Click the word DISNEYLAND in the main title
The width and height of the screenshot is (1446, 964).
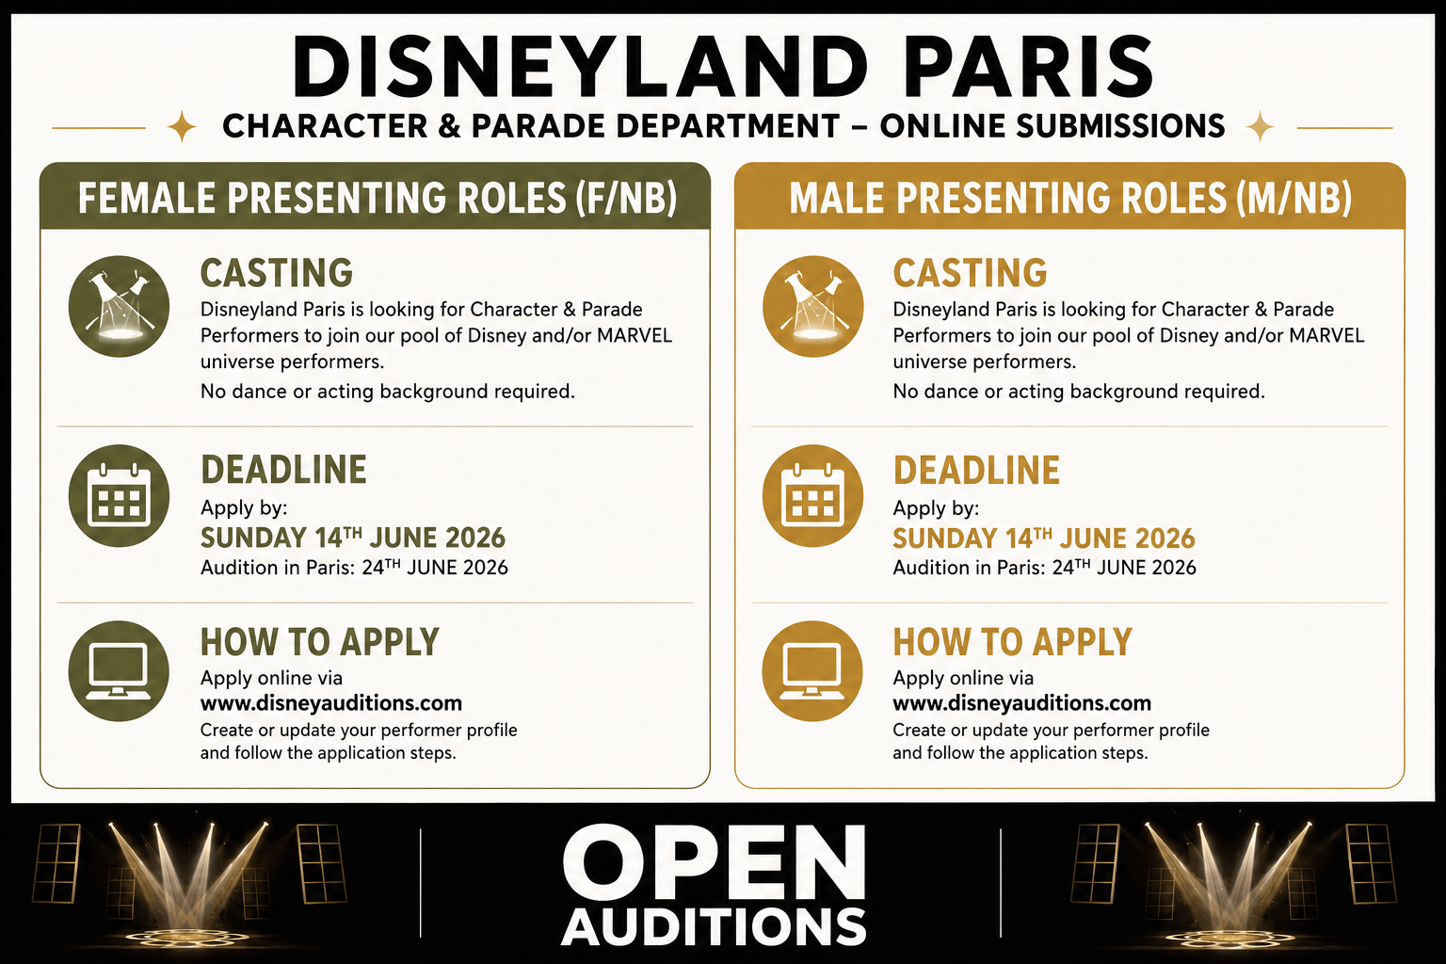[580, 67]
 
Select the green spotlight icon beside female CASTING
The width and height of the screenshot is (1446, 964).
[119, 306]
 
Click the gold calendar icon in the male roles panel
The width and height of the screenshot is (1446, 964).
[812, 496]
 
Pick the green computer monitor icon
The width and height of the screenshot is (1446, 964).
[119, 671]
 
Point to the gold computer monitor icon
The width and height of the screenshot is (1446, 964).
[812, 671]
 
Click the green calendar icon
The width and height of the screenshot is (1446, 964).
[119, 496]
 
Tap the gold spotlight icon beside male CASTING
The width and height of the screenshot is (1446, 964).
[812, 306]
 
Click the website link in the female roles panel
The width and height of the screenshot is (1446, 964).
[331, 703]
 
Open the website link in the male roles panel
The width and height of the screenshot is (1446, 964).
[1021, 703]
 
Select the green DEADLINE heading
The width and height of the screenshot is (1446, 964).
[283, 470]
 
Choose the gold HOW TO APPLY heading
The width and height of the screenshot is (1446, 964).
[1012, 642]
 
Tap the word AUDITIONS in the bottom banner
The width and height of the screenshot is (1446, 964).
[714, 927]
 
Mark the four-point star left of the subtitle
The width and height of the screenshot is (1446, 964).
[182, 126]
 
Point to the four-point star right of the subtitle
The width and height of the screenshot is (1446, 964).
[1260, 126]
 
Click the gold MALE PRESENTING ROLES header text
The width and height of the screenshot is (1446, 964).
[1070, 198]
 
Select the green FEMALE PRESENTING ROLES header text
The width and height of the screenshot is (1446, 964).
[378, 198]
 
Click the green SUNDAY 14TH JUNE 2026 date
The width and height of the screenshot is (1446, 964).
[353, 538]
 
